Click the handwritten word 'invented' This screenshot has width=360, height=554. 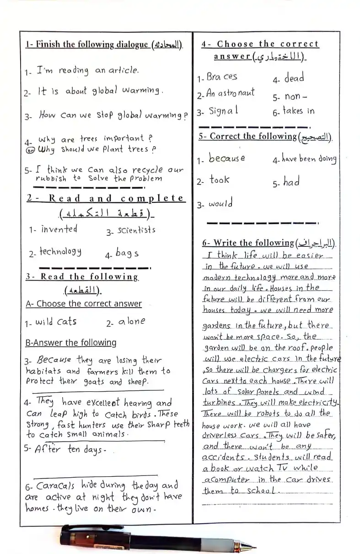(59, 229)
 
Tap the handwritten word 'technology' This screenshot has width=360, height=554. (60, 251)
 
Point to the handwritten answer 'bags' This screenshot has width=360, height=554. (127, 253)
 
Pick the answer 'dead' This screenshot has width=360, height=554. (294, 78)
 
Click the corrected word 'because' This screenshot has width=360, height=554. (227, 159)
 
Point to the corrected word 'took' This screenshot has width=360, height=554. (220, 180)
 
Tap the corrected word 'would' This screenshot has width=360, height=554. (221, 203)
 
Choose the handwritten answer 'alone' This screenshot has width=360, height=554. (132, 321)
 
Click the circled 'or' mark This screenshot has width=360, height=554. (30, 150)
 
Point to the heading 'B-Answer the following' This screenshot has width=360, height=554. (71, 343)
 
